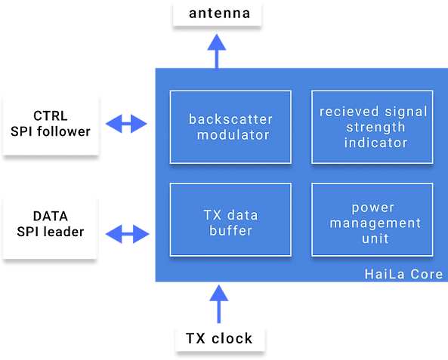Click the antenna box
217,13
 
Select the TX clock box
220,339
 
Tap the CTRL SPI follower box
51,125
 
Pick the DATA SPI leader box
51,227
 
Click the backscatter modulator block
230,127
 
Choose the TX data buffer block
230,220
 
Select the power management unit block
372,220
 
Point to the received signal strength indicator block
372,127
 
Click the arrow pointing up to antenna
217,51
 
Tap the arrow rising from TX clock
219,303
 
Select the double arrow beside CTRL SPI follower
126,124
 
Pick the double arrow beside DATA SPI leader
127,234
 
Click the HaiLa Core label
403,274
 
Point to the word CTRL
51,116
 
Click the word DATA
51,216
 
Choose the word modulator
233,135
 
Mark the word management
375,223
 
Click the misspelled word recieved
349,112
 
